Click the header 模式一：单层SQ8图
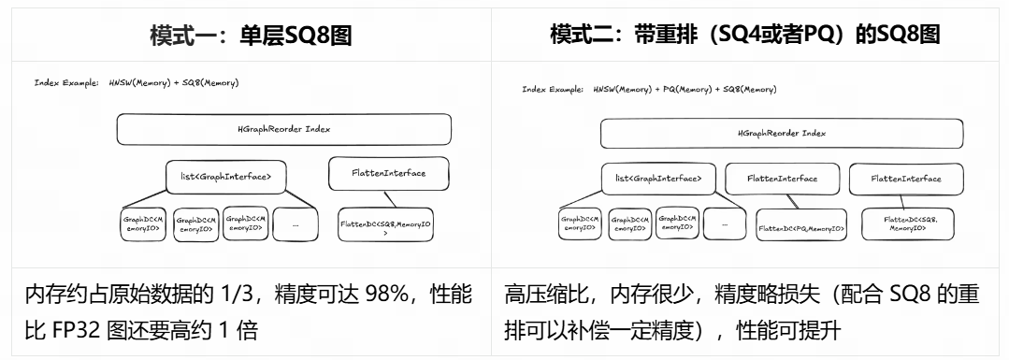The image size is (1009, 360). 252,35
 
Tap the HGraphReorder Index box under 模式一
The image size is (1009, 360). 283,129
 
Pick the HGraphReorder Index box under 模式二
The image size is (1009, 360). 781,133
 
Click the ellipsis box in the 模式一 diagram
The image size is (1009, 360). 295,224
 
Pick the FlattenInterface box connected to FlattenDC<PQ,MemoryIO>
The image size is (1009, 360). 782,179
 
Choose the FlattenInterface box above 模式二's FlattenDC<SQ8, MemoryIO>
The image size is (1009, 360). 906,179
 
